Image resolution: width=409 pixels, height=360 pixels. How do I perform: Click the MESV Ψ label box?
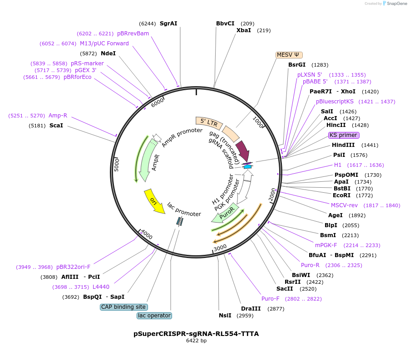pyautogui.click(x=289, y=55)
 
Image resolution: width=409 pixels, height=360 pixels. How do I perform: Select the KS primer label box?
pyautogui.click(x=343, y=135)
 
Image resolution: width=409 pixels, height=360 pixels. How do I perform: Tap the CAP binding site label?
pyautogui.click(x=123, y=307)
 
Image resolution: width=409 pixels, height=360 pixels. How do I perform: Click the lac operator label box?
pyautogui.click(x=154, y=316)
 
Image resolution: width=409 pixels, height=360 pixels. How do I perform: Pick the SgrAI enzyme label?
pyautogui.click(x=168, y=23)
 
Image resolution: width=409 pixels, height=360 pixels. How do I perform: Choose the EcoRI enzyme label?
pyautogui.click(x=341, y=195)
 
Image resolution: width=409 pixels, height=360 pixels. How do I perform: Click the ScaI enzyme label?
pyautogui.click(x=56, y=125)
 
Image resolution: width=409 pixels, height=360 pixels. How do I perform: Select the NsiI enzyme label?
pyautogui.click(x=225, y=316)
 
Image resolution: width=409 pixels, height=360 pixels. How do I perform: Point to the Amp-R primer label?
pyautogui.click(x=58, y=116)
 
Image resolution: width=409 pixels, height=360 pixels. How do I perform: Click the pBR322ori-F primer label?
pyautogui.click(x=73, y=267)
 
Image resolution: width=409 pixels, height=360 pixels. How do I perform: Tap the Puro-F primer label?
pyautogui.click(x=270, y=299)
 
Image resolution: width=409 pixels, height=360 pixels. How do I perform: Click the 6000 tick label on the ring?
pyautogui.click(x=157, y=103)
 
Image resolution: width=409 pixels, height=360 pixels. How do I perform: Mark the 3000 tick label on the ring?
pyautogui.click(x=220, y=248)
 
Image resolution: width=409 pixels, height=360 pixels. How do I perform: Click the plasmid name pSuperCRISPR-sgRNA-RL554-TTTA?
pyautogui.click(x=196, y=334)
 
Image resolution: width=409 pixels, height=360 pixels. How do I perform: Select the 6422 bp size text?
pyautogui.click(x=196, y=341)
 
